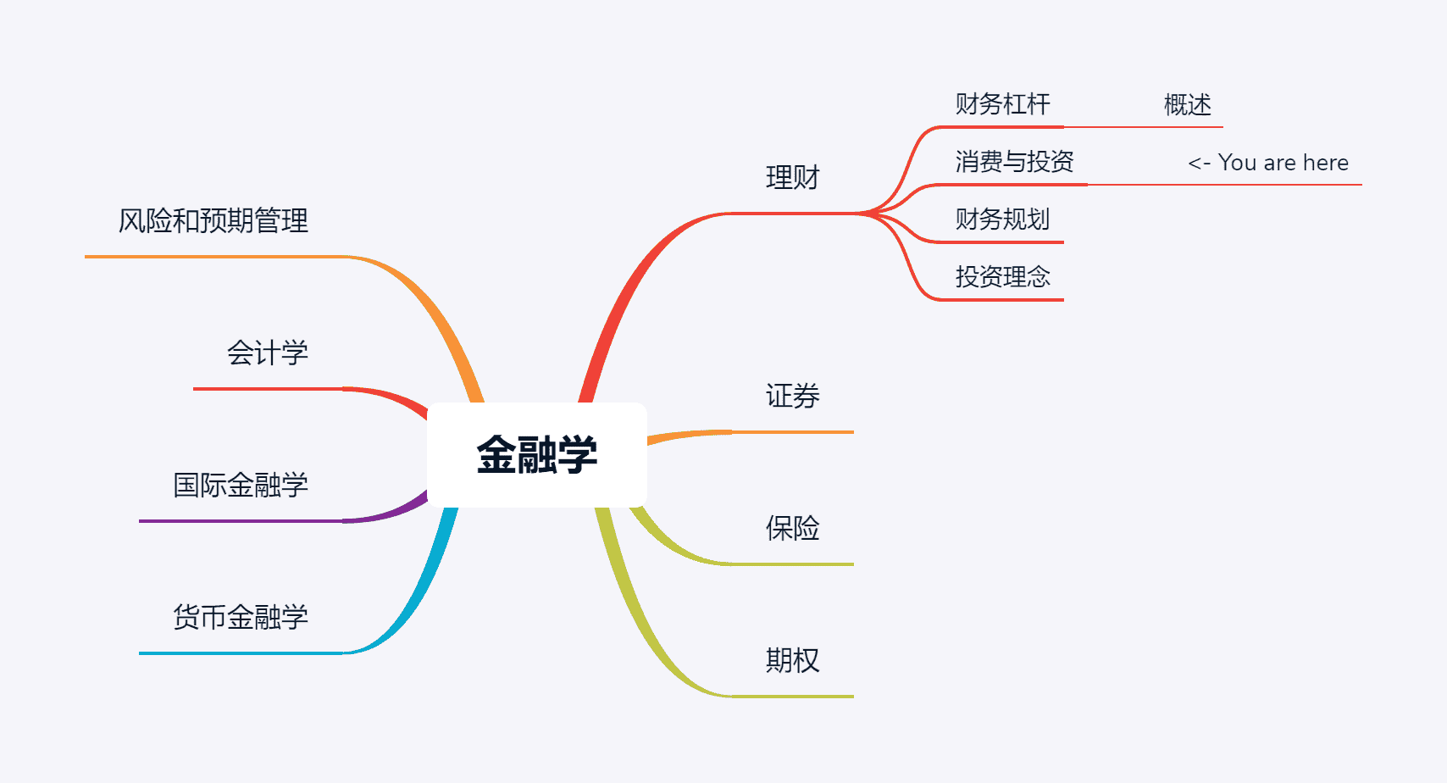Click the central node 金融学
536,455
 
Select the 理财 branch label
792,178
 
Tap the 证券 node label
792,396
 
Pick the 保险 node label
792,528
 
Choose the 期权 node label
792,660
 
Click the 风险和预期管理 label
213,221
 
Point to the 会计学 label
267,353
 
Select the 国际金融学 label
240,485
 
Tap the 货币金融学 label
240,617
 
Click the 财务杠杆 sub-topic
1002,104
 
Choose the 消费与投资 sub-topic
1014,162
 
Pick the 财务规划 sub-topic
1002,219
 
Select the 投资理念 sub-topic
1002,277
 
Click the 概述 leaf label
1187,105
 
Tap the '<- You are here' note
1267,163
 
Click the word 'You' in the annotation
1237,163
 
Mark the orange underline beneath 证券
792,432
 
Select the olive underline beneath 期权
792,697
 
